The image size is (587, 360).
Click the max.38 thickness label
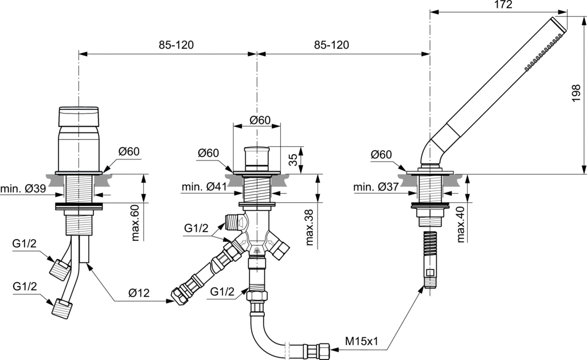pyautogui.click(x=310, y=227)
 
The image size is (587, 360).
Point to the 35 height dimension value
pyautogui.click(x=293, y=159)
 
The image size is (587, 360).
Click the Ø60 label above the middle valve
pyautogui.click(x=260, y=120)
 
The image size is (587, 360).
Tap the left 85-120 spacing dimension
pyautogui.click(x=166, y=45)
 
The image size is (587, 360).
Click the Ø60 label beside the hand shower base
pyautogui.click(x=381, y=155)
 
